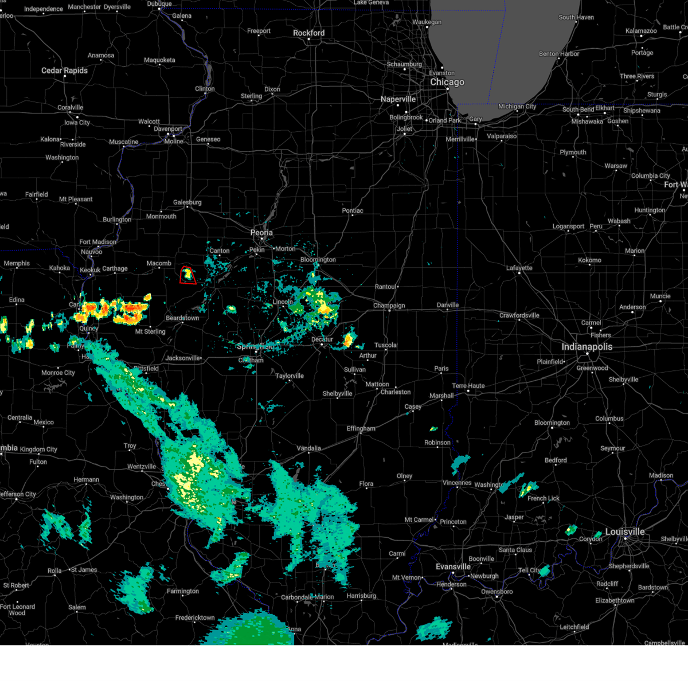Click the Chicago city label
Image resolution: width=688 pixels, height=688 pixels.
pos(447,82)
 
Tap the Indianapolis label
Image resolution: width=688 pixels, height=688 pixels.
pos(587,347)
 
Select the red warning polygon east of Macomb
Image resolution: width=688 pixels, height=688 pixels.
pos(188,275)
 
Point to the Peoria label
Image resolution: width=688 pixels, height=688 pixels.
pos(261,233)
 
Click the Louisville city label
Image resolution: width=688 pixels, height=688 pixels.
pos(625,532)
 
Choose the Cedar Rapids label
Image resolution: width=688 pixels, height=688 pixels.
pos(64,71)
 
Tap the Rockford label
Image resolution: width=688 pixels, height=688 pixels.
pos(308,33)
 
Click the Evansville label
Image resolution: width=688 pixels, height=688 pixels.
pos(453,566)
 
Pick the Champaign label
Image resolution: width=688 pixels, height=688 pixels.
pos(389,306)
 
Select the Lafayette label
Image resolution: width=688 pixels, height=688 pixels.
pos(519,268)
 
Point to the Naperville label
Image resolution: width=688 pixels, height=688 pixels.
pos(398,99)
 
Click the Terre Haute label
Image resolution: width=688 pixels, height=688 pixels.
pos(468,386)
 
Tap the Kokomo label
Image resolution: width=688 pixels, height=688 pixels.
pos(589,260)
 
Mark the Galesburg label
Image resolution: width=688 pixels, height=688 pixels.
pos(187,202)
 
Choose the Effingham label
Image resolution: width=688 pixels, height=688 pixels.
pos(361,428)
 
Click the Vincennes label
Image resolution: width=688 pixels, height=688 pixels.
pos(457,483)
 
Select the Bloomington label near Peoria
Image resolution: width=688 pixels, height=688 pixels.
pos(318,260)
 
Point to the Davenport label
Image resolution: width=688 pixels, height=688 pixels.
pos(167,129)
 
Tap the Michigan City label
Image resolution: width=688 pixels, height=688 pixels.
pos(517,107)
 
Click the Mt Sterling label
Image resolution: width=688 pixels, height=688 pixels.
pos(150,331)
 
